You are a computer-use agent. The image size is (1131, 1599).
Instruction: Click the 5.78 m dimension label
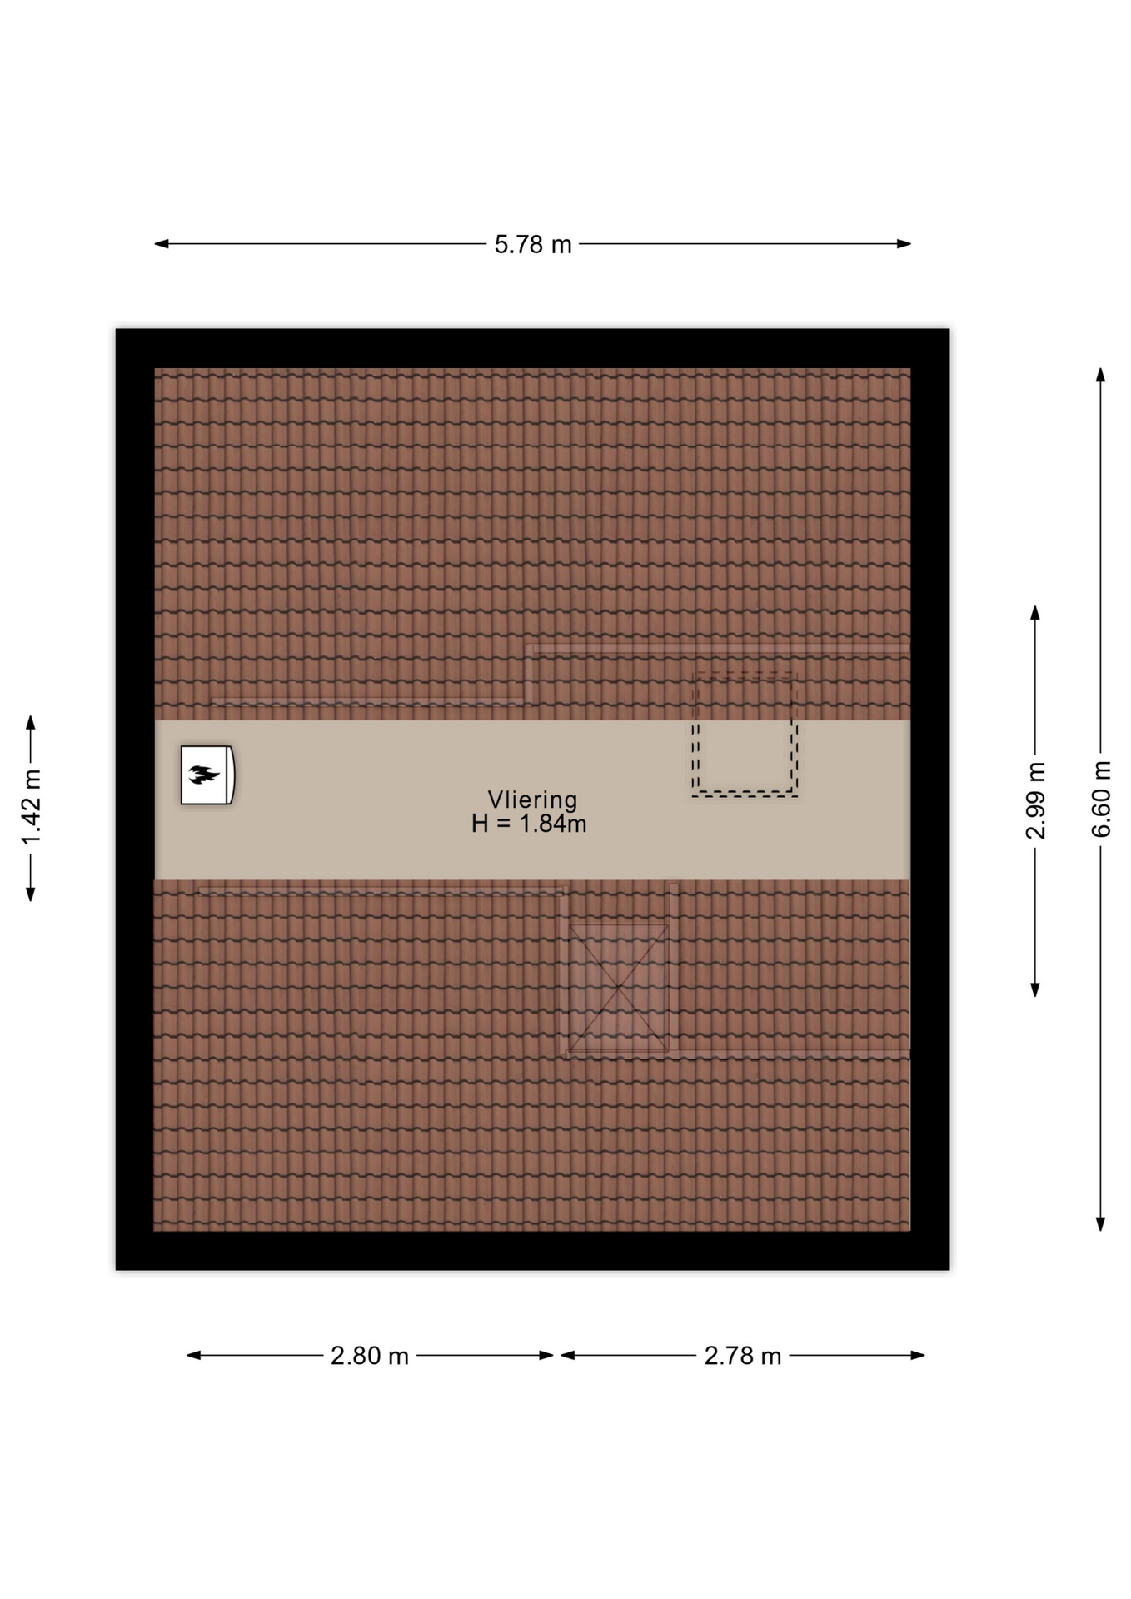click(x=533, y=244)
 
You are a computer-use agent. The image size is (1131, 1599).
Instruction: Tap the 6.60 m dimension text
click(x=1101, y=799)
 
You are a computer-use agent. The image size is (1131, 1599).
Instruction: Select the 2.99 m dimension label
click(x=1035, y=800)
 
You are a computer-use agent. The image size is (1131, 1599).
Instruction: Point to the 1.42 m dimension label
click(x=31, y=807)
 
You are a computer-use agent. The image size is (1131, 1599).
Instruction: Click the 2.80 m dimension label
click(x=370, y=1357)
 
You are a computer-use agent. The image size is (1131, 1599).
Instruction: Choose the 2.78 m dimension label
click(x=743, y=1357)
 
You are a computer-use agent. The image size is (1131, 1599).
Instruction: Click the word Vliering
click(x=532, y=799)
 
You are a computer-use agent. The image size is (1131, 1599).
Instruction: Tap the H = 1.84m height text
click(x=529, y=824)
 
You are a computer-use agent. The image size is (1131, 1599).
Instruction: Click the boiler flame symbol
click(x=203, y=775)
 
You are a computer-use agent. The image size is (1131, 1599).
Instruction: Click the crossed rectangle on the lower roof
click(x=618, y=988)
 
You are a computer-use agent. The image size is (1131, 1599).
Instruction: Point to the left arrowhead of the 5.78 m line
click(x=162, y=244)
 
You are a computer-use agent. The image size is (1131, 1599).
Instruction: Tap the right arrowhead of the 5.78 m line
click(x=904, y=244)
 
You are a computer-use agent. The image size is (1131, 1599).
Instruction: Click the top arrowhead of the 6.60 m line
click(x=1100, y=375)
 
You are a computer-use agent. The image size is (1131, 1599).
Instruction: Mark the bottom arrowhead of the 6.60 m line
click(x=1100, y=1223)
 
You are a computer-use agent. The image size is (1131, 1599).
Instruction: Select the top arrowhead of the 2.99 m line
click(x=1035, y=613)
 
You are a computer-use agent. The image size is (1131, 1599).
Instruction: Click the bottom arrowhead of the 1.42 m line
click(x=31, y=894)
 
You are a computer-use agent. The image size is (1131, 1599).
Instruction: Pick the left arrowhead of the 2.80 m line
click(x=194, y=1355)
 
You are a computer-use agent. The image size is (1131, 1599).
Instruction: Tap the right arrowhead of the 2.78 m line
click(x=918, y=1355)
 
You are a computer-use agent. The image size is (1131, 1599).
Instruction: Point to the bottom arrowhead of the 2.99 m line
click(x=1035, y=989)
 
